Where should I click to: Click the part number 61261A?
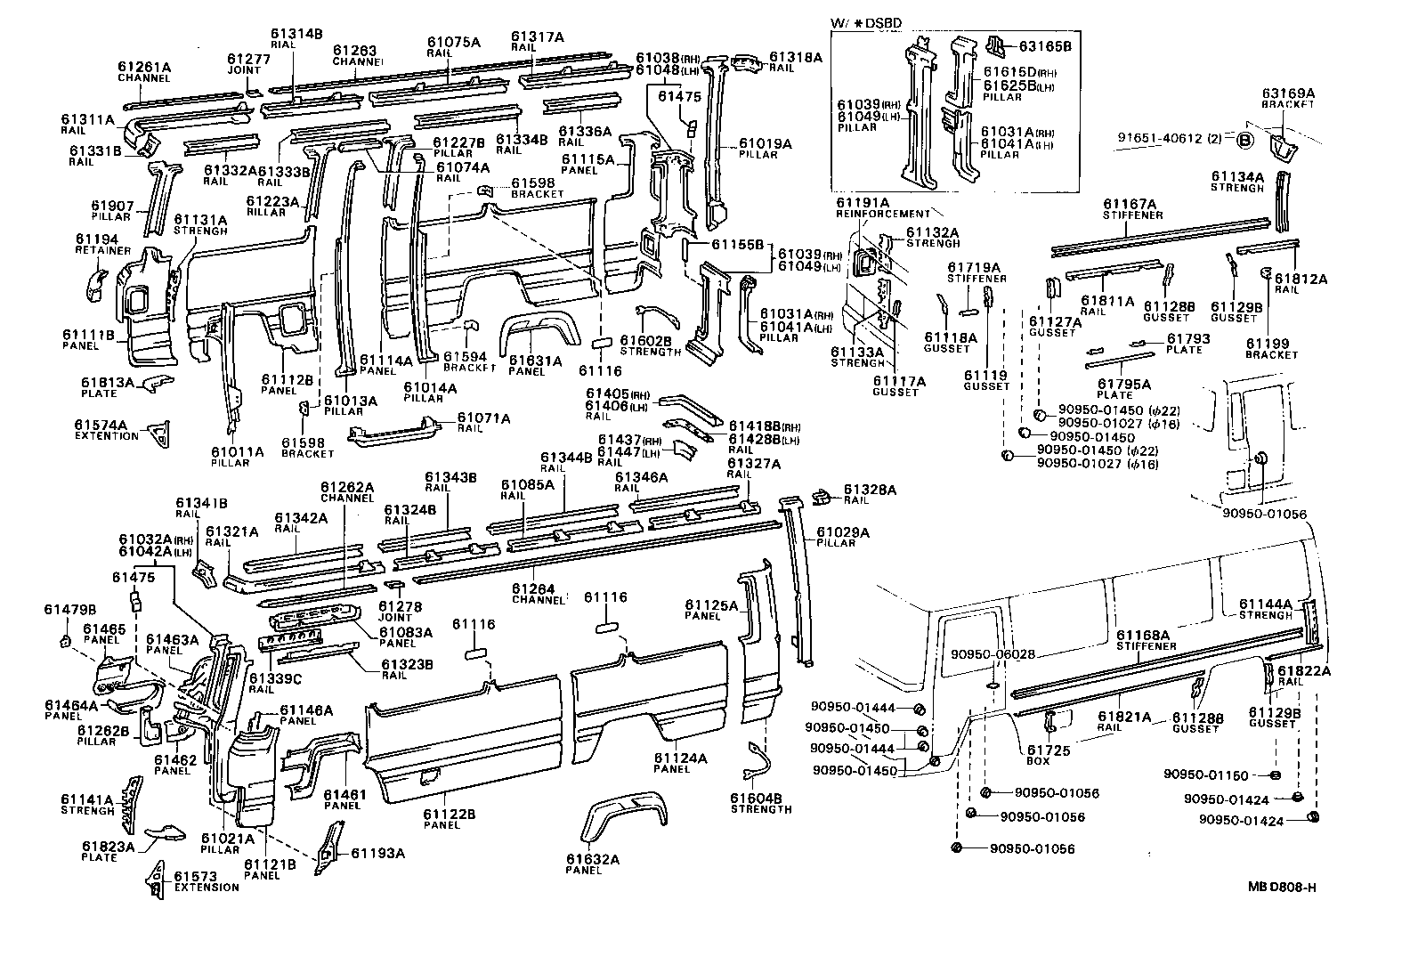[144, 67]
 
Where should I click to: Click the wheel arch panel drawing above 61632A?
[614, 815]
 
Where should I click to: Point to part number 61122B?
[449, 814]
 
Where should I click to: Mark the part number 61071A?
[484, 418]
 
